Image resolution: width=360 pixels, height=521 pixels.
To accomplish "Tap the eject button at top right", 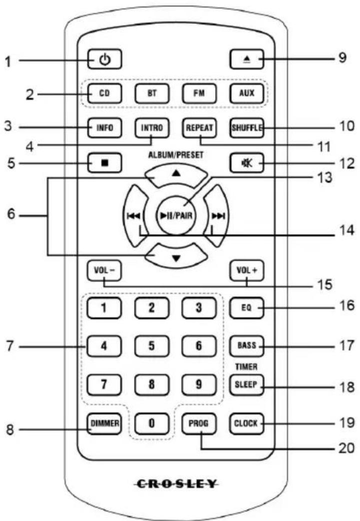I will click(x=247, y=59).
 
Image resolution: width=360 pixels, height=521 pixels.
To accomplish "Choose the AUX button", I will click(x=247, y=94).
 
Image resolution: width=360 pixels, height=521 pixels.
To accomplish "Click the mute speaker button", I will click(x=247, y=163).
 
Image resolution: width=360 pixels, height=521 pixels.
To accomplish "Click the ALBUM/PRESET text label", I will click(x=176, y=155).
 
